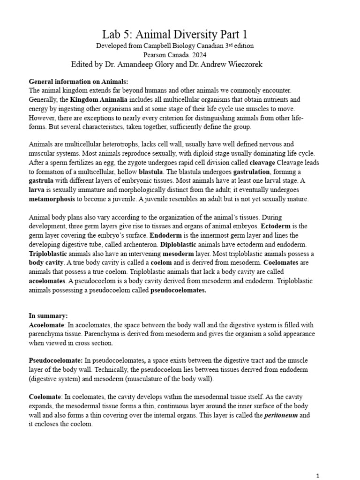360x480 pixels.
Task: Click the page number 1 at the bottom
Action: click(x=318, y=476)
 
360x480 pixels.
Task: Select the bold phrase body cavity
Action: click(x=46, y=262)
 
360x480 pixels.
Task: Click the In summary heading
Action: click(x=48, y=316)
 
